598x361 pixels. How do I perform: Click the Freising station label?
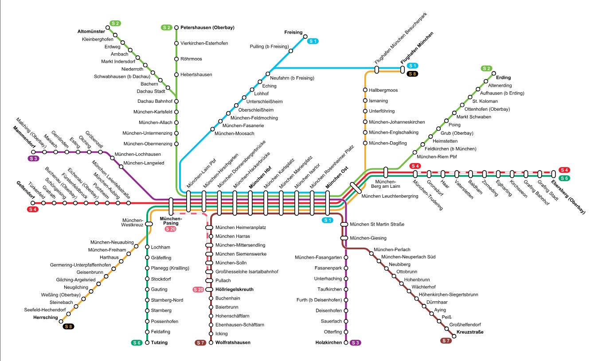[x=293, y=32]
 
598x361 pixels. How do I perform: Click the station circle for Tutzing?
[x=147, y=342]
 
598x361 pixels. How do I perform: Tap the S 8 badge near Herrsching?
[x=69, y=327]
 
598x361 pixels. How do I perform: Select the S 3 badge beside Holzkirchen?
[x=355, y=342]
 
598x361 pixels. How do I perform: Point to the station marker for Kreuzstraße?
[x=454, y=336]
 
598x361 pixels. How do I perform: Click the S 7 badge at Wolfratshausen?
[x=200, y=342]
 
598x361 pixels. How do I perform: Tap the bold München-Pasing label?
[x=171, y=221]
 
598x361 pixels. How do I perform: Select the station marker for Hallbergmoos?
[x=365, y=90]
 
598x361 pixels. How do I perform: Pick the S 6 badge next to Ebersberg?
[x=564, y=178]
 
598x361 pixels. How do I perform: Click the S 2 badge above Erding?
[x=487, y=68]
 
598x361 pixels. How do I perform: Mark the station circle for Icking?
[x=211, y=334]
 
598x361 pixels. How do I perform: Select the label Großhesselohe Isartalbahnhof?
[x=246, y=272]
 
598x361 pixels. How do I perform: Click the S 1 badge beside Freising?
[x=313, y=41]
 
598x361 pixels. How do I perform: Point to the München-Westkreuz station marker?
[x=149, y=224]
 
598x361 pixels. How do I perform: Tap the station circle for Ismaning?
[x=365, y=101]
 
